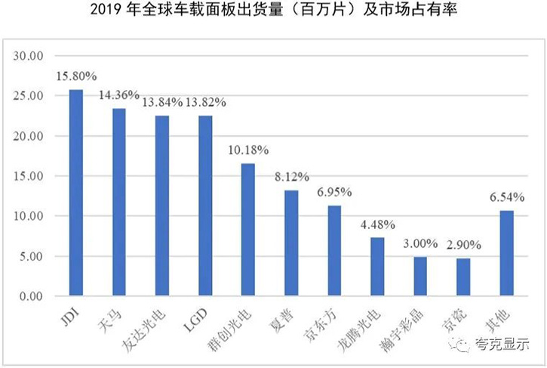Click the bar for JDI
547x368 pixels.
click(x=76, y=193)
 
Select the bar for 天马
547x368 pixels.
click(x=119, y=202)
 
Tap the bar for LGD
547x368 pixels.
click(x=205, y=206)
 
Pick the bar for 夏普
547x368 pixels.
click(x=291, y=243)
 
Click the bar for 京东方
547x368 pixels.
click(x=334, y=250)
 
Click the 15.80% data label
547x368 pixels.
click(x=76, y=76)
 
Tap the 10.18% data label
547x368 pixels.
click(x=248, y=150)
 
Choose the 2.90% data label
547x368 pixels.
click(x=463, y=246)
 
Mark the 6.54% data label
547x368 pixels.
click(x=506, y=197)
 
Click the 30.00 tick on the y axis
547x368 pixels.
click(x=30, y=57)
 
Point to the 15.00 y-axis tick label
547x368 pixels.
click(x=30, y=176)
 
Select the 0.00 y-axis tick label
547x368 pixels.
click(x=33, y=296)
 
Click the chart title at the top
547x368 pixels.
click(x=273, y=11)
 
